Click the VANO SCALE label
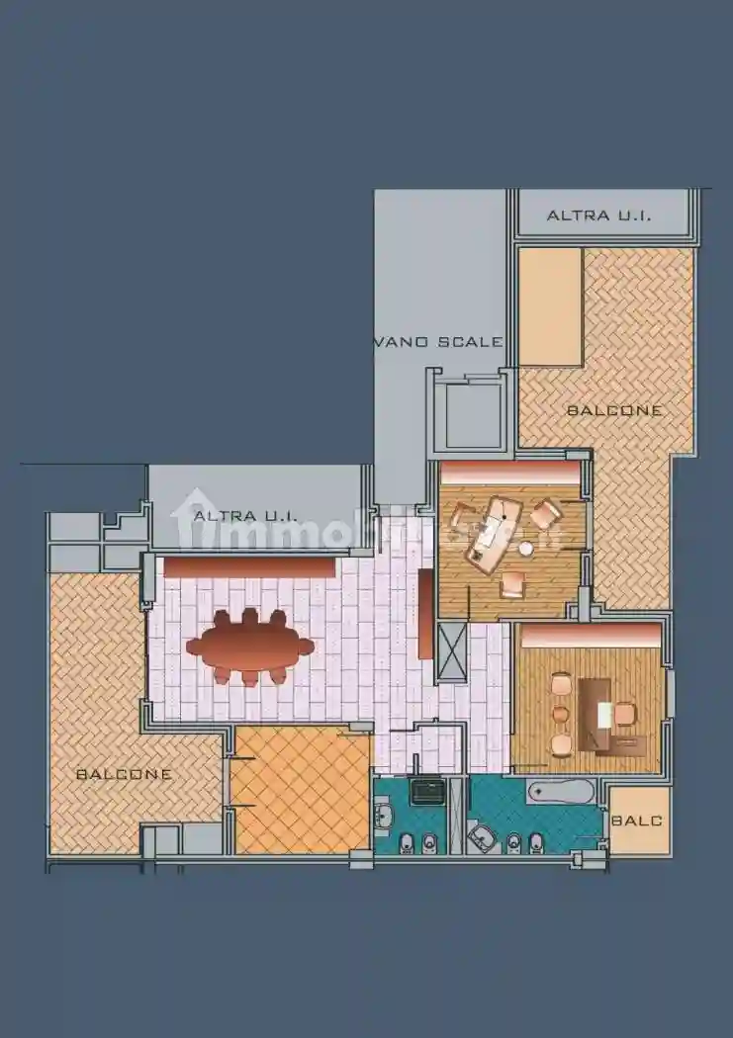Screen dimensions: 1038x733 tap(438, 342)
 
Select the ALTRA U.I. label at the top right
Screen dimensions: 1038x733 tap(598, 215)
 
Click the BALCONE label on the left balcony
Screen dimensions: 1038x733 tap(124, 774)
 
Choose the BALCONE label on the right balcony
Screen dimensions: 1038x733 tap(614, 409)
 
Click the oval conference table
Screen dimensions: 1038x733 tap(249, 647)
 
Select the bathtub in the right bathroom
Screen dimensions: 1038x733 tap(560, 791)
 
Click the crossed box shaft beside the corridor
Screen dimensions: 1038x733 tap(451, 649)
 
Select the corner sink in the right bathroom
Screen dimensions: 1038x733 tap(482, 838)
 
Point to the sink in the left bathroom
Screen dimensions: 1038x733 tap(384, 818)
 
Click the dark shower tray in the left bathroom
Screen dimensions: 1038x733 tap(428, 789)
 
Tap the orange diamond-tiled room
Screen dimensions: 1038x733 tap(300, 791)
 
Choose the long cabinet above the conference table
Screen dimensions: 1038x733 tap(248, 567)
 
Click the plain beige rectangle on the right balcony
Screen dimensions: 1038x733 tap(550, 306)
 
